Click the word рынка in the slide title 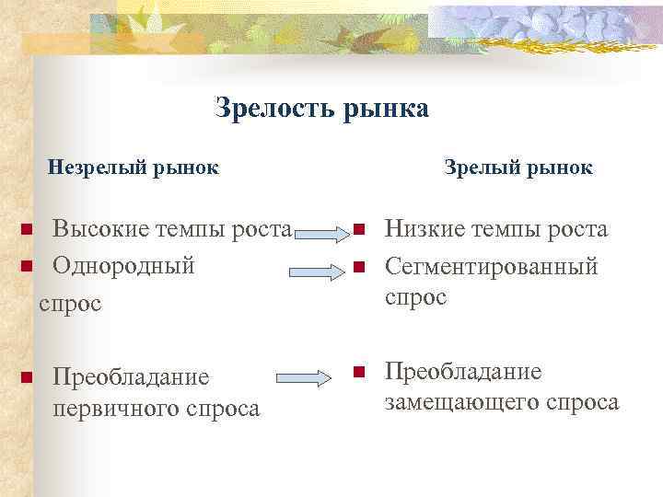tap(386, 109)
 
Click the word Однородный tap(123, 266)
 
